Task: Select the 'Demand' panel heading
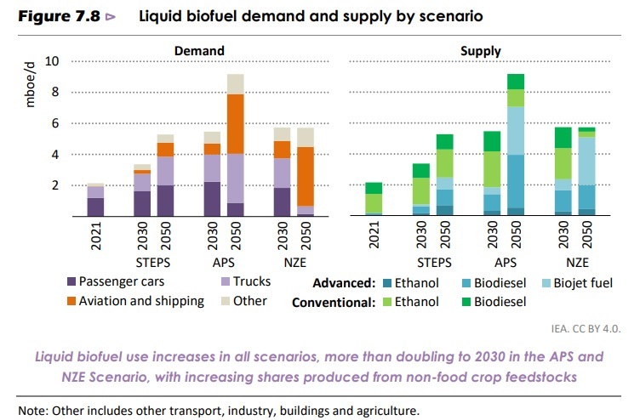click(x=199, y=51)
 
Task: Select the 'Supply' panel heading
click(x=481, y=51)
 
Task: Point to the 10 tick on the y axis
click(x=53, y=62)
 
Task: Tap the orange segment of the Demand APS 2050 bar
click(x=235, y=123)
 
